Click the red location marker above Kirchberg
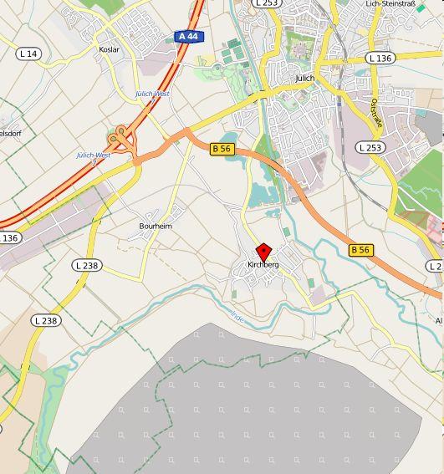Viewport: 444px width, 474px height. pos(263,252)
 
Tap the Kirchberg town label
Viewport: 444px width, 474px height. pos(263,265)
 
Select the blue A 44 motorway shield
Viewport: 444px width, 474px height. pos(187,37)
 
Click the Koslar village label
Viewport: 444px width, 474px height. pos(110,49)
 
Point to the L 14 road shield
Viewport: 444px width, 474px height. pos(28,54)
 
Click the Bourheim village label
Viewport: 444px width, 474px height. pos(156,226)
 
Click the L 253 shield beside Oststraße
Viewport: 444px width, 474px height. pos(370,147)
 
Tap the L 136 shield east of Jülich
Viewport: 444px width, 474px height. pos(380,58)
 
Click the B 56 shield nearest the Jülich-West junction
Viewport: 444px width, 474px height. pos(221,149)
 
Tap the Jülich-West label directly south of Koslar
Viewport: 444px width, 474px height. pos(152,94)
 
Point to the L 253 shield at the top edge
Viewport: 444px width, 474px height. pos(266,3)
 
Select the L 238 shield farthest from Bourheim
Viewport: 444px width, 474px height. pos(46,320)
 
